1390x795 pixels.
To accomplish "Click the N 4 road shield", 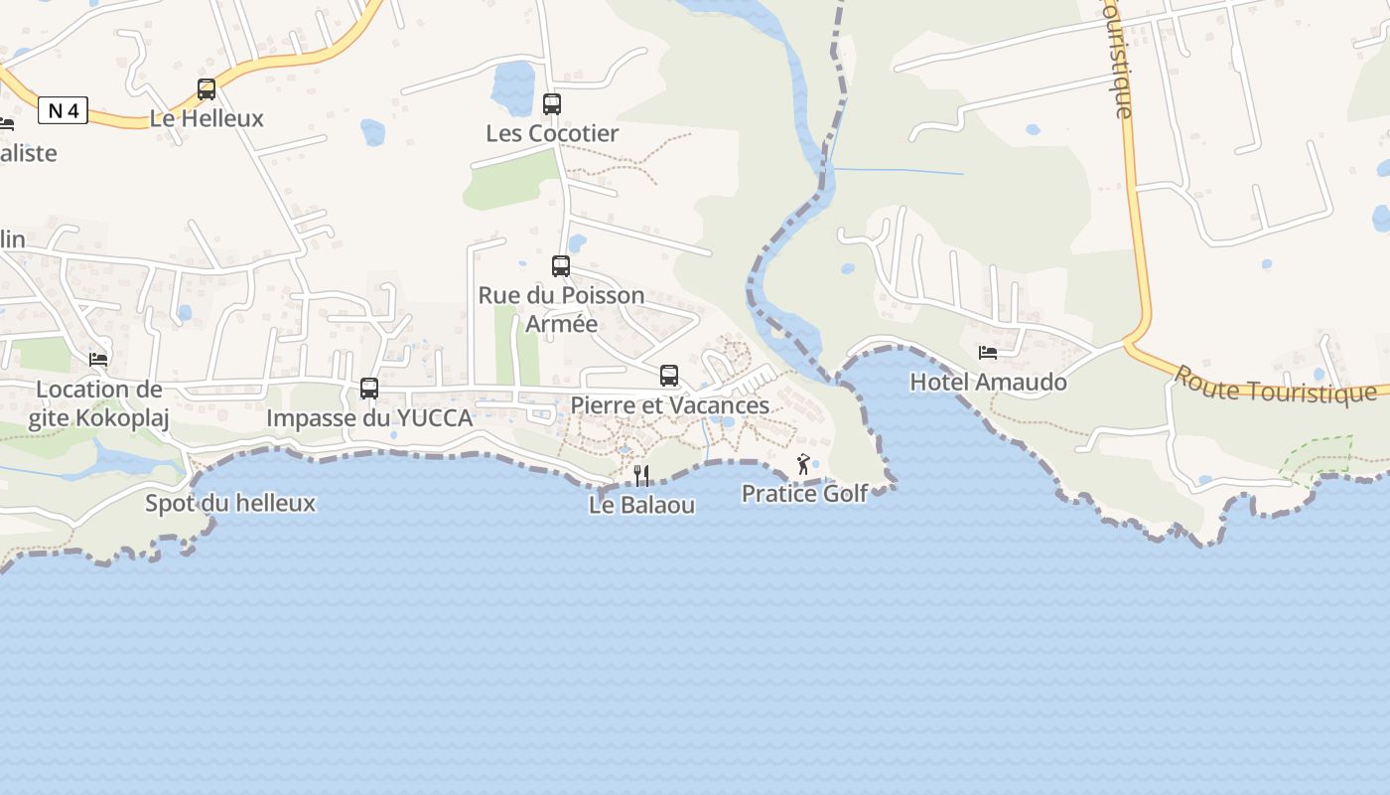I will [x=64, y=111].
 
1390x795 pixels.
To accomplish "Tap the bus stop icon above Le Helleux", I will [x=207, y=89].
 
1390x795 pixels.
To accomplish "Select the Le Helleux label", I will [x=207, y=118].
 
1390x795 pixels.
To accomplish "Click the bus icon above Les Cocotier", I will [x=552, y=103].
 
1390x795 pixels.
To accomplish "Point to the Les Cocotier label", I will [x=552, y=133].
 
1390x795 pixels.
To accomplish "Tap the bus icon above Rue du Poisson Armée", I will [x=561, y=266].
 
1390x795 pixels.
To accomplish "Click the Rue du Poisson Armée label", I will [x=561, y=309].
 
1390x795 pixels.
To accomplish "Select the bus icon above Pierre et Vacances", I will [x=669, y=376].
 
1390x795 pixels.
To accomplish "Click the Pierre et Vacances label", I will [x=669, y=405].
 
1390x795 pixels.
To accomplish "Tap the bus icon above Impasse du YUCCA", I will [x=369, y=389].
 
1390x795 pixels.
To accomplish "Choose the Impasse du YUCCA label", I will [x=369, y=418].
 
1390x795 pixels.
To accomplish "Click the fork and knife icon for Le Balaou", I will [x=641, y=476].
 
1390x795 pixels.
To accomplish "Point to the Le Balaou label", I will [x=641, y=505].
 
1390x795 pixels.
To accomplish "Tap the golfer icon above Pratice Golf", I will [x=803, y=464].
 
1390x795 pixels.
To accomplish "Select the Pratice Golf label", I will [x=804, y=493].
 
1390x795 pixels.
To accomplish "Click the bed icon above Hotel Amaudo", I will [x=988, y=353].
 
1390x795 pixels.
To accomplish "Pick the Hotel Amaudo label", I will [x=988, y=382].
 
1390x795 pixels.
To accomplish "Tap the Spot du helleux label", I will [x=230, y=503].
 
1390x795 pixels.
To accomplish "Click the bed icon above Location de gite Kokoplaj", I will [x=98, y=360].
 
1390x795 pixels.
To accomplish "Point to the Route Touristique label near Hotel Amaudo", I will [x=1275, y=386].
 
